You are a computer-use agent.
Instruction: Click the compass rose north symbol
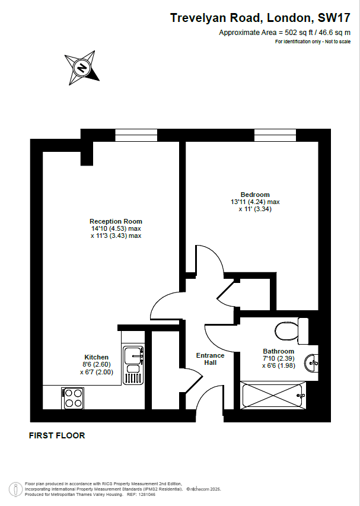pos(82,68)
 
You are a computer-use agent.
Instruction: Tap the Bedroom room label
pos(255,195)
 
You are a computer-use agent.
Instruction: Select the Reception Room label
pos(116,221)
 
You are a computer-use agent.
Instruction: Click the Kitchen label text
pos(97,357)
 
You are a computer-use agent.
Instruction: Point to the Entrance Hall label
pos(211,359)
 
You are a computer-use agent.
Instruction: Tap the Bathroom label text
pos(279,351)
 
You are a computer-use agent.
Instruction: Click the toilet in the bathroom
pos(292,331)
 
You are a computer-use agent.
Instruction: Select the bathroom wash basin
pos(311,363)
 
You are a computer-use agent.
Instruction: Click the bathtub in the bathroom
pos(273,395)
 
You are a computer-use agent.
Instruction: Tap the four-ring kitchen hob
pos(73,398)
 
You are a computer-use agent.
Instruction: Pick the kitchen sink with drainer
pos(133,365)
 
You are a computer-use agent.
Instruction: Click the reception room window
pos(136,135)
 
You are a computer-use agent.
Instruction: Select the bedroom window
pos(275,135)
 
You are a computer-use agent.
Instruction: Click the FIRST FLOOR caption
pos(57,435)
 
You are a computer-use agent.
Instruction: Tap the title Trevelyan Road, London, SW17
pos(260,18)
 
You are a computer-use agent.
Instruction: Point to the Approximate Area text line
pos(285,32)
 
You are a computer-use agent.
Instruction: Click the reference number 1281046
pos(146,494)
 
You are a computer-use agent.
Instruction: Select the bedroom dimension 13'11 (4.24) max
pos(255,202)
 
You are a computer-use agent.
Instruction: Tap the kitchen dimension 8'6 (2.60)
pos(97,365)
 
